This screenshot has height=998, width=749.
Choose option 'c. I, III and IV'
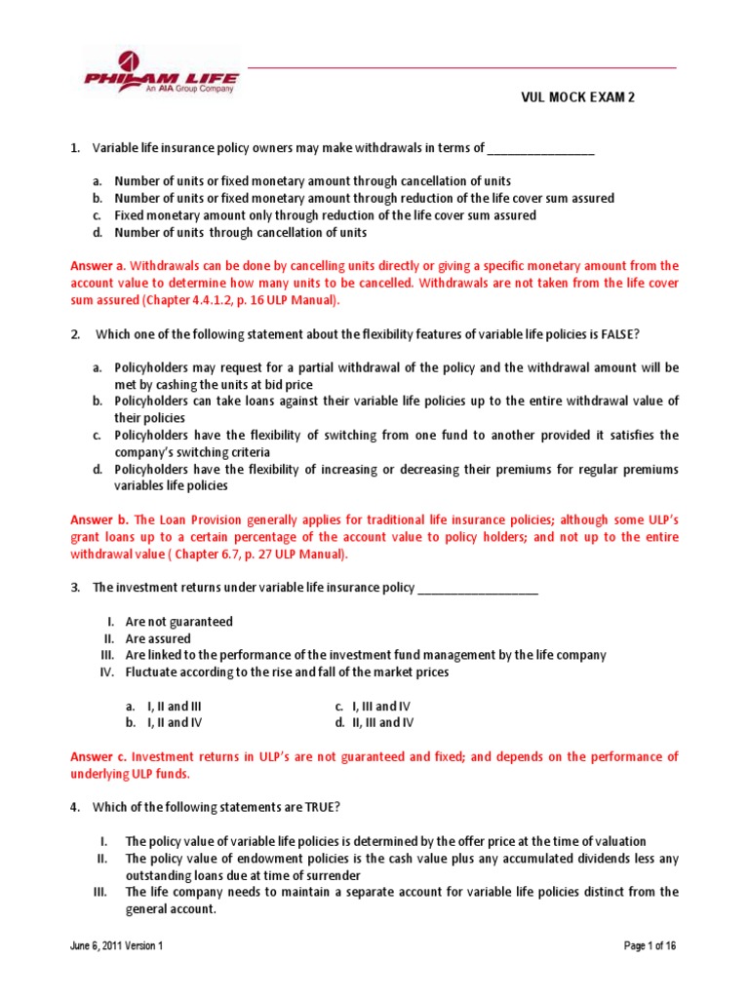click(x=374, y=706)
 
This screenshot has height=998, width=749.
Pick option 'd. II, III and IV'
click(x=374, y=723)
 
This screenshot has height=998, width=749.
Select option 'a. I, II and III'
click(x=158, y=706)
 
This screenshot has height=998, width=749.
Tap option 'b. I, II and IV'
click(x=158, y=723)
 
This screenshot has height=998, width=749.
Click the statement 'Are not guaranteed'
click(x=178, y=622)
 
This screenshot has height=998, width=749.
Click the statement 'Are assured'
click(x=161, y=638)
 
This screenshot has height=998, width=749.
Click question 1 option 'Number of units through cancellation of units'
click(x=240, y=233)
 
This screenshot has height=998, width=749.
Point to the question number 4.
click(x=75, y=808)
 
